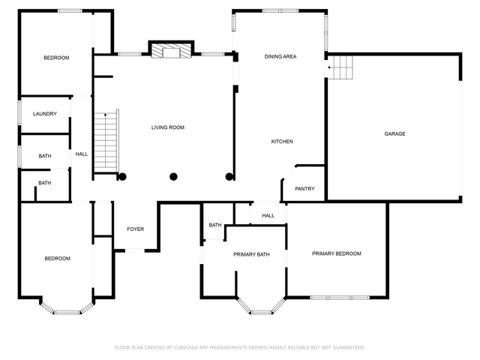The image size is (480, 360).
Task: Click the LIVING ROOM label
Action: [168, 127]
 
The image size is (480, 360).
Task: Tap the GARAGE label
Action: [394, 133]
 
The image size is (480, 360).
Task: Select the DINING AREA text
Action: [280, 57]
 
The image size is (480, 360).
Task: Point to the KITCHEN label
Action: [282, 142]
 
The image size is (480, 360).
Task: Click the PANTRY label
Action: [304, 188]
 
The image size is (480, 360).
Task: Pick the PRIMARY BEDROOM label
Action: [337, 253]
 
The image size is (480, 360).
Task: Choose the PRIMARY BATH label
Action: [251, 254]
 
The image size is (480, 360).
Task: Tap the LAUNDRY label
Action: [45, 114]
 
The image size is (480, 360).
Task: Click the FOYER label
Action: [135, 229]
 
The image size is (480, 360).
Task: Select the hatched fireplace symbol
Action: [171, 51]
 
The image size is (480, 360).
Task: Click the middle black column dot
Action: [173, 177]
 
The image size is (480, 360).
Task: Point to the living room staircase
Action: [106, 142]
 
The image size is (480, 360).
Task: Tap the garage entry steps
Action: [340, 67]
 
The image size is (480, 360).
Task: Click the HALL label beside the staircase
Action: [82, 154]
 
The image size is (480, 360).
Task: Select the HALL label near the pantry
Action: [268, 215]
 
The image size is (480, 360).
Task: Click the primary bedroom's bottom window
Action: [340, 297]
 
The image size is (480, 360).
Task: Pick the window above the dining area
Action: [280, 11]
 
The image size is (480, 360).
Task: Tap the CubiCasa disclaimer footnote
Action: [240, 347]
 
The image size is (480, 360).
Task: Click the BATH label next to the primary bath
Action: [215, 225]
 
